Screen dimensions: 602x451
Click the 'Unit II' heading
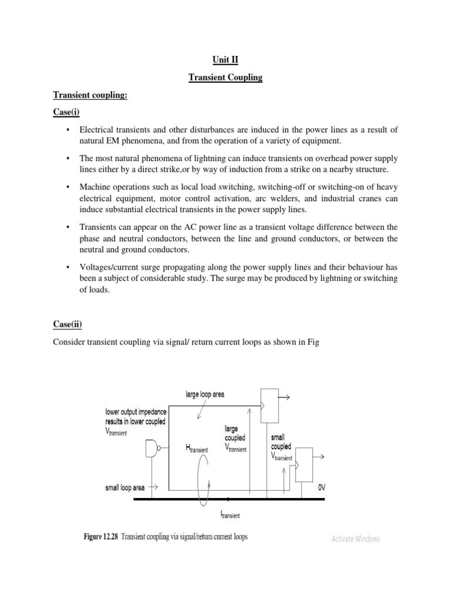pyautogui.click(x=225, y=59)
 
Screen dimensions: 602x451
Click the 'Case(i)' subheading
pyautogui.click(x=69, y=112)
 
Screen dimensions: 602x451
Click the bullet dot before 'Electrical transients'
pyautogui.click(x=69, y=129)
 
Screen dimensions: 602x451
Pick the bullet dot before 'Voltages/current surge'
pyautogui.click(x=69, y=266)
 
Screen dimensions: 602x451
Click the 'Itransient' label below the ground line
pyautogui.click(x=230, y=515)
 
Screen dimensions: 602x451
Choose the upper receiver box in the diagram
pyautogui.click(x=269, y=405)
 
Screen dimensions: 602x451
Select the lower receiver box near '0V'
pyautogui.click(x=304, y=464)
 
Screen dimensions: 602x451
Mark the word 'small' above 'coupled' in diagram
pyautogui.click(x=278, y=438)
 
